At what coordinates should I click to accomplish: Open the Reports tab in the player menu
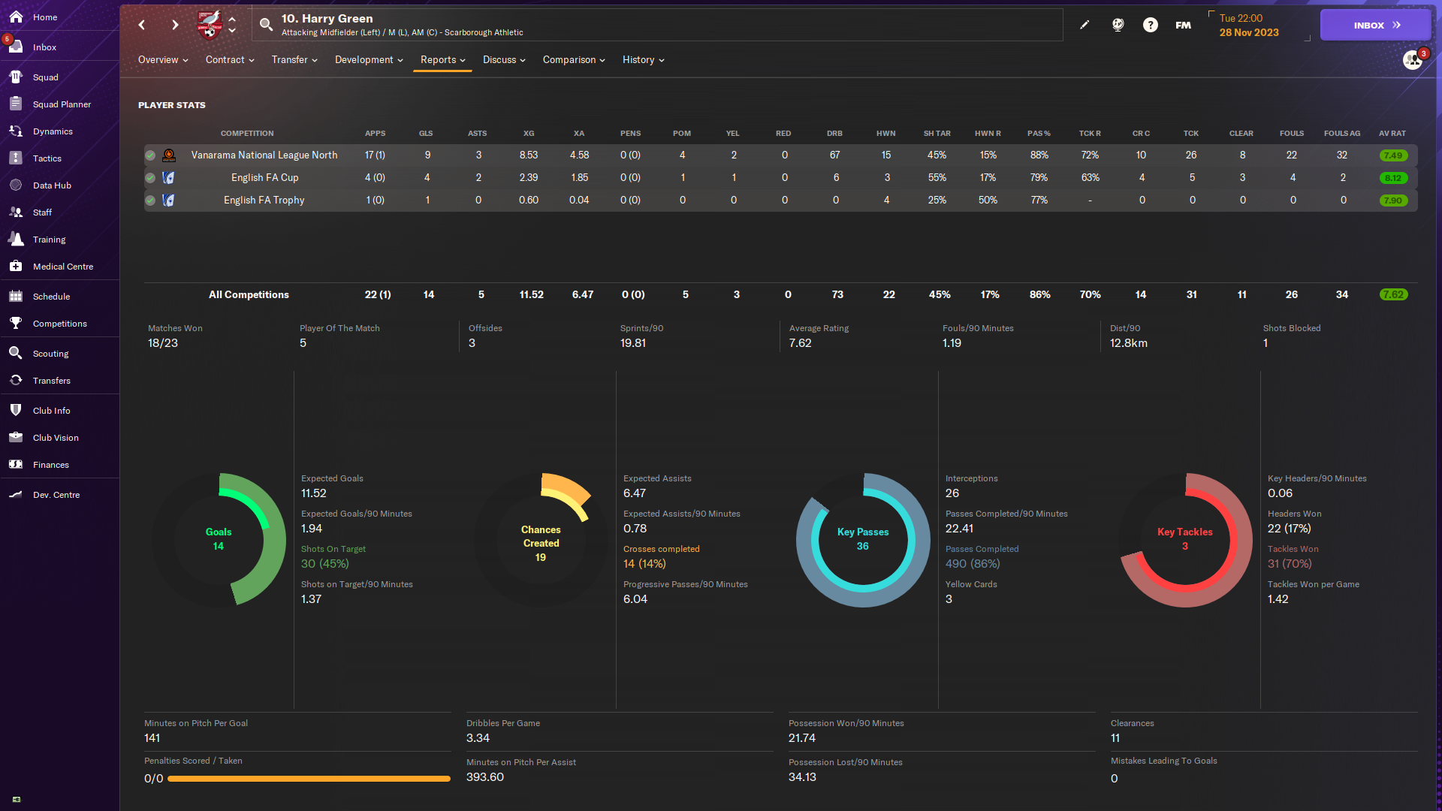point(442,60)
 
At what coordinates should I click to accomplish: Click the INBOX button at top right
point(1375,25)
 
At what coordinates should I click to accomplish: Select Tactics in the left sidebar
point(47,158)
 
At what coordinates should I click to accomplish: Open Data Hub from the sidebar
point(52,185)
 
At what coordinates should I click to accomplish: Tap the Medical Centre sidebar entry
point(63,267)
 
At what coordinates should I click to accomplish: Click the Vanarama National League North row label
point(264,155)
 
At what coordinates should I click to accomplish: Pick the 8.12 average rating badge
point(1393,178)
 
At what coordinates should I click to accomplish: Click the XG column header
point(529,134)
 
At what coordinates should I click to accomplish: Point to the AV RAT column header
point(1392,134)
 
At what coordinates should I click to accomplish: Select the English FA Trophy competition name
point(264,200)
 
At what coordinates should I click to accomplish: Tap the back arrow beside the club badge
point(142,25)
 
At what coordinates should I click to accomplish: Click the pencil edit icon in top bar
point(1085,25)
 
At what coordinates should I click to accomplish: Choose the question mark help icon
point(1151,25)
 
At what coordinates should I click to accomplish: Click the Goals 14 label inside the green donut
point(219,539)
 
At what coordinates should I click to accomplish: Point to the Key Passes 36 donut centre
point(863,539)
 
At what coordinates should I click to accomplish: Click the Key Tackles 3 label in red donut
point(1185,539)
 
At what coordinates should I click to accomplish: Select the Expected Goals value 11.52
point(314,493)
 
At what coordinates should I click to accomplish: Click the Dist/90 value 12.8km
point(1129,343)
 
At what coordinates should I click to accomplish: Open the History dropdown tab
point(643,60)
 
